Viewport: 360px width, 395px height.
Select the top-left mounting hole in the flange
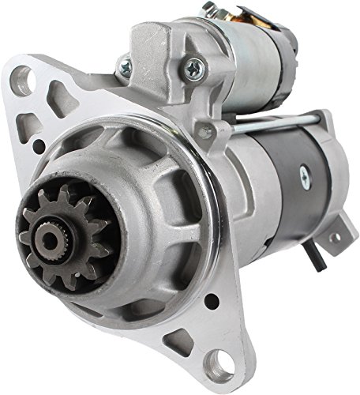coord(24,80)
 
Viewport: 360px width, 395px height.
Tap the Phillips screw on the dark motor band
coord(304,178)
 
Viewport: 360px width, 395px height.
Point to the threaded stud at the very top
coord(208,8)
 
